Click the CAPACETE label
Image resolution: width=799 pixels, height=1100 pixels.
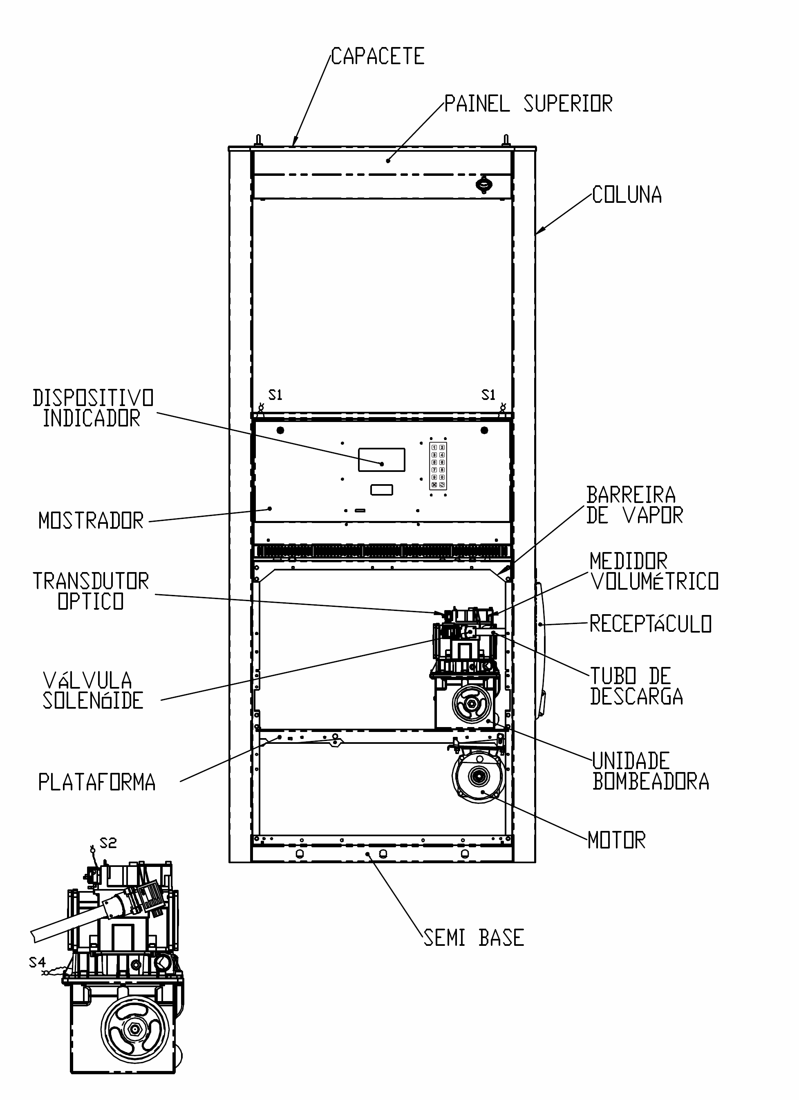coord(378,56)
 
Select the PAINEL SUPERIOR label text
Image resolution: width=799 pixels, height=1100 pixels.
coord(528,103)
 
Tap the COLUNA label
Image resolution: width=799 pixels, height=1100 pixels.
coord(627,195)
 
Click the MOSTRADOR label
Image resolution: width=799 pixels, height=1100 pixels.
coord(91,521)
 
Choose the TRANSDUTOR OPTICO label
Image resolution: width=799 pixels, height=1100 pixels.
coord(91,591)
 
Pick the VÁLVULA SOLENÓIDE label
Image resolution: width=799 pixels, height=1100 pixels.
coord(93,691)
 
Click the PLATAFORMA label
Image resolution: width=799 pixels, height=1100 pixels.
coord(97,782)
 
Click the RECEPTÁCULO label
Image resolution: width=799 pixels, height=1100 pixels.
coord(651,624)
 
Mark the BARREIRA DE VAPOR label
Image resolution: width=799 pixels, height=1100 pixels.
coord(635,505)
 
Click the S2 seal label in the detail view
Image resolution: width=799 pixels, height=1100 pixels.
coord(108,844)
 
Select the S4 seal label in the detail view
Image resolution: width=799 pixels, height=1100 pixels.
coord(37,962)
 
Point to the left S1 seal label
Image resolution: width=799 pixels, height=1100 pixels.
coord(275,395)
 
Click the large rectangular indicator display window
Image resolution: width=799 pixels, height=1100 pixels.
coord(382,459)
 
